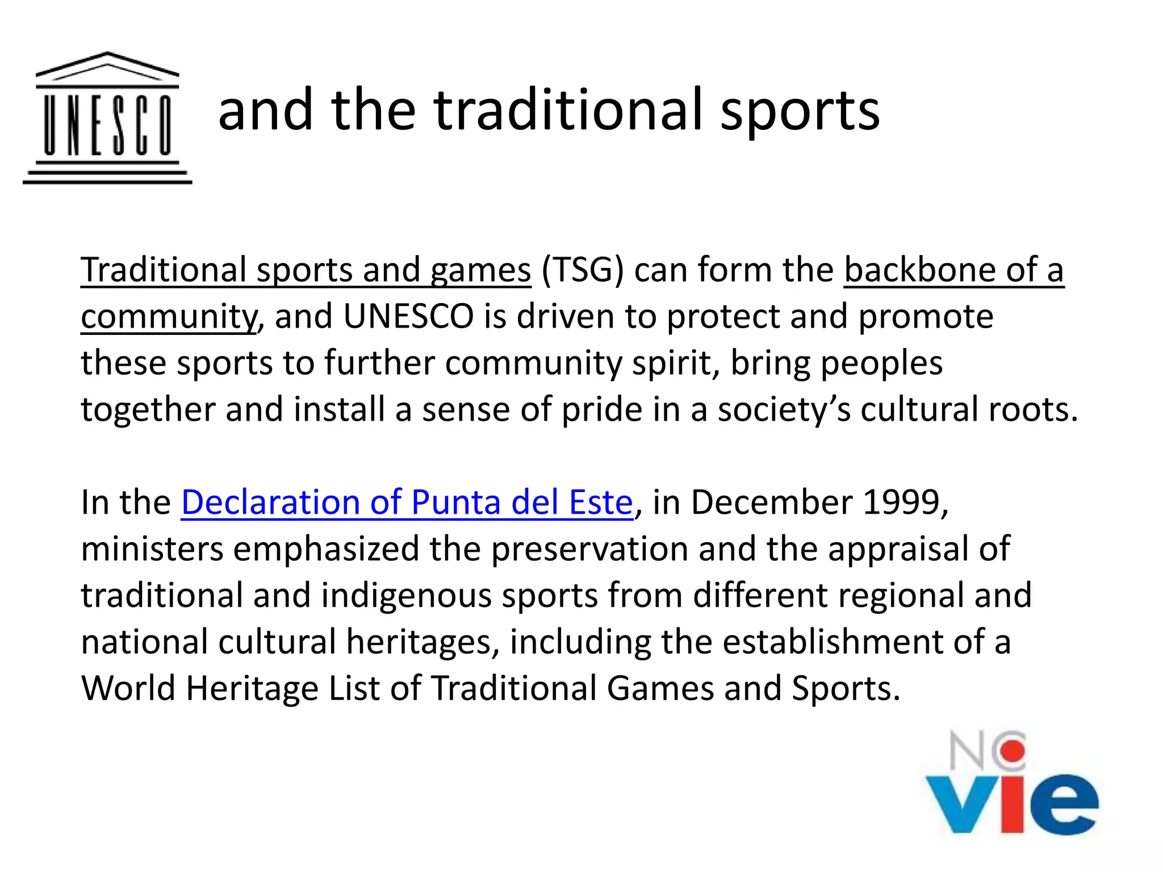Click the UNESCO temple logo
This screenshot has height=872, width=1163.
107,118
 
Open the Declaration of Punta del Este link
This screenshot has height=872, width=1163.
407,502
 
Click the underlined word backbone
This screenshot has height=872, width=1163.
920,270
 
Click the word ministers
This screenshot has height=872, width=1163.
152,549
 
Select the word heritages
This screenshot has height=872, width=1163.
423,642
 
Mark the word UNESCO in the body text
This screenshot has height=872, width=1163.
408,316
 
